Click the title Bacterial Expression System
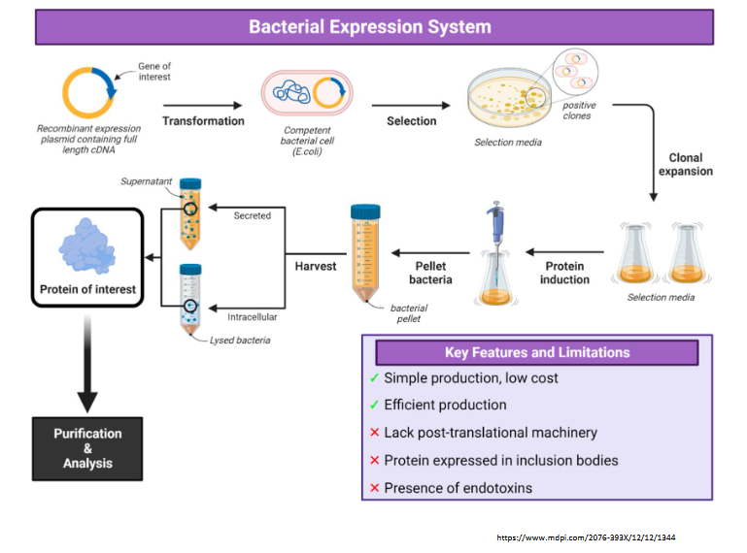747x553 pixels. [370, 26]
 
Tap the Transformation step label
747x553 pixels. [203, 121]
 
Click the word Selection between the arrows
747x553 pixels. [411, 121]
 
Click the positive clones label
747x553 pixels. [580, 111]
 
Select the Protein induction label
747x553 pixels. [564, 273]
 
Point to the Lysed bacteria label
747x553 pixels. [240, 340]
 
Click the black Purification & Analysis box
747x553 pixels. [87, 448]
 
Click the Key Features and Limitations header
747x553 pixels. [536, 352]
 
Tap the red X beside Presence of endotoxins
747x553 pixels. [374, 488]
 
